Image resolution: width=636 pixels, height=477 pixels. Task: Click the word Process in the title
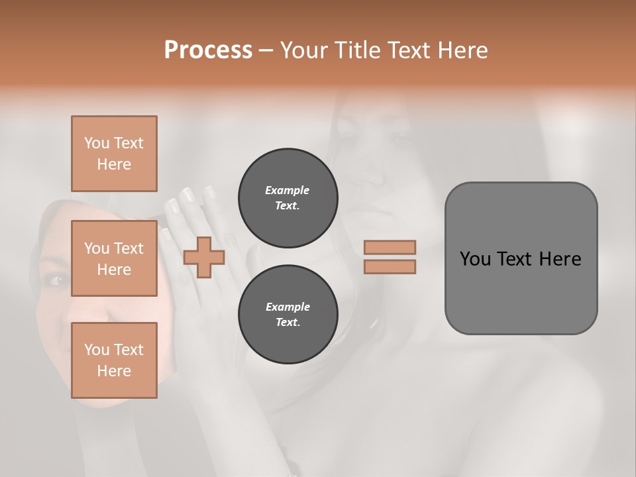pos(208,50)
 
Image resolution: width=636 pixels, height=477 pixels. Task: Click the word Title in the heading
pos(356,50)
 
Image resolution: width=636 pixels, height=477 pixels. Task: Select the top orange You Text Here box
pos(114,154)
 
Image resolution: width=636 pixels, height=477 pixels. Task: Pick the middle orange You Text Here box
pos(114,258)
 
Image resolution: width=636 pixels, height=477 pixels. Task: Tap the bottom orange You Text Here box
pos(114,360)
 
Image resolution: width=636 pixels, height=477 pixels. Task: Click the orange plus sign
pos(204,258)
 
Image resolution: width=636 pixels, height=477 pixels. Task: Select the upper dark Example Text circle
pos(288,198)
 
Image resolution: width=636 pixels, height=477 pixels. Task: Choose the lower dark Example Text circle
pos(288,315)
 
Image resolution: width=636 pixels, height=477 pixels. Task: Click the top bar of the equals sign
pos(390,247)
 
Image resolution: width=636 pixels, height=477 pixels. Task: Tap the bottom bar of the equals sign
pos(390,267)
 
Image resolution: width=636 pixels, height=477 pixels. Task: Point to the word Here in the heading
pos(460,50)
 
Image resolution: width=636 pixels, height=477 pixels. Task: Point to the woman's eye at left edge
pos(56,280)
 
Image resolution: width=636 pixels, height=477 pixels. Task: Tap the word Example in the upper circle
pos(288,190)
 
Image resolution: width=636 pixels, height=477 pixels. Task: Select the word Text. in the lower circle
pos(288,323)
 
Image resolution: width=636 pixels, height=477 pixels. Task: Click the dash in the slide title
pos(266,50)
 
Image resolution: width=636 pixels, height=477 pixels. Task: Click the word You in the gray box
pos(475,259)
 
